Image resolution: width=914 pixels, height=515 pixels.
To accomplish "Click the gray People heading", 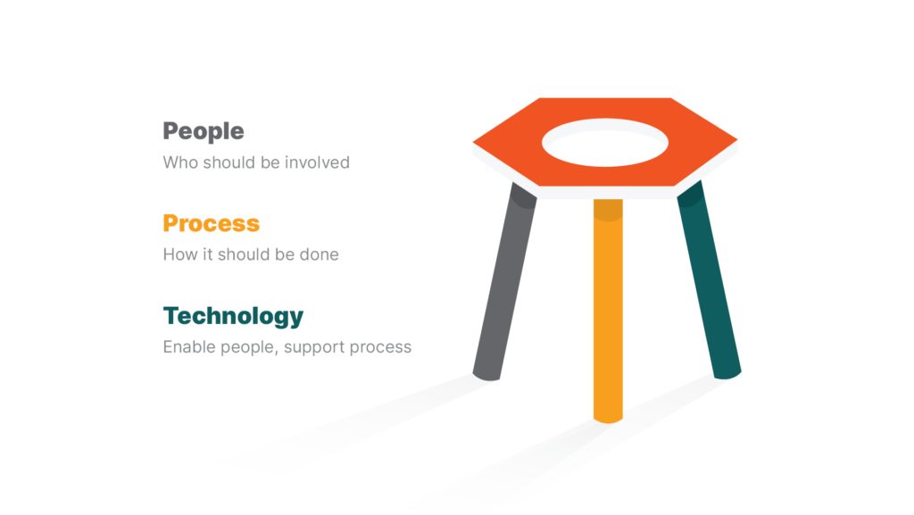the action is [x=204, y=132].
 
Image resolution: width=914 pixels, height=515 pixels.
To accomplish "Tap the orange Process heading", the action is [x=211, y=224].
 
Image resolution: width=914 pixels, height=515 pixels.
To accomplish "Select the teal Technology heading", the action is [x=233, y=316].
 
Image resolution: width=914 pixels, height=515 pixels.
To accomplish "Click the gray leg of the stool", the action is [x=504, y=282].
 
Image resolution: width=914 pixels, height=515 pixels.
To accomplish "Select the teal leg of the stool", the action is [x=709, y=279].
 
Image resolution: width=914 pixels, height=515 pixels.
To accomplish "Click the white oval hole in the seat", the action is [x=605, y=143].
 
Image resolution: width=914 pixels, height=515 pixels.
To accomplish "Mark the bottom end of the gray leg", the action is [x=486, y=377].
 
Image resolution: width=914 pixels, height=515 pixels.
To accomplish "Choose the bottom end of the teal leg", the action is [x=727, y=375].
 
